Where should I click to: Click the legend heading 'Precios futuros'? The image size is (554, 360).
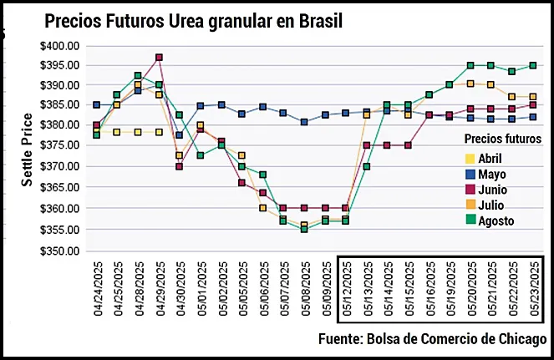pos(503,139)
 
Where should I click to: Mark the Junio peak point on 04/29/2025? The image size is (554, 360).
pos(159,58)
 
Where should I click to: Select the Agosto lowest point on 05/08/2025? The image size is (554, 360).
pos(305,229)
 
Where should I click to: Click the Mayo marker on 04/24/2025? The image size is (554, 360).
pos(97,105)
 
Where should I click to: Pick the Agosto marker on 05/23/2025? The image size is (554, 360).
pos(533,65)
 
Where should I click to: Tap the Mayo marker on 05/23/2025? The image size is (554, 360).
pos(533,117)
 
